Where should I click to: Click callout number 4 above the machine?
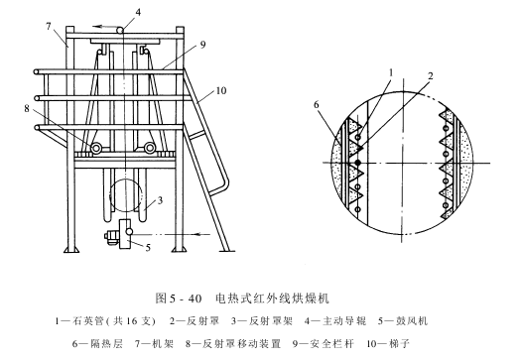click(x=138, y=12)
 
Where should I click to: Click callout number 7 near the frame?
click(x=49, y=26)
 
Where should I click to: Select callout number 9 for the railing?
click(x=203, y=45)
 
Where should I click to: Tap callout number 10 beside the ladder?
click(x=221, y=90)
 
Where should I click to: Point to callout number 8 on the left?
click(x=27, y=108)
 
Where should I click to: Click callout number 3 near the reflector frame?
click(x=160, y=200)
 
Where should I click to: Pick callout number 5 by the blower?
click(x=148, y=247)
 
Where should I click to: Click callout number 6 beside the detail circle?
click(x=317, y=105)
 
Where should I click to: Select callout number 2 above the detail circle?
click(x=431, y=76)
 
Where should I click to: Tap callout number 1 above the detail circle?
click(x=391, y=72)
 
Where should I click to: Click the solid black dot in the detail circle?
click(x=358, y=163)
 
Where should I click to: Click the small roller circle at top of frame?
click(x=120, y=30)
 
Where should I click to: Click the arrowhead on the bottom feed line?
click(x=197, y=234)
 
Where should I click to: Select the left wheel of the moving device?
click(x=95, y=148)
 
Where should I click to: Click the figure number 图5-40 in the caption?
click(x=179, y=299)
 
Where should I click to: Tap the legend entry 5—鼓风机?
click(x=403, y=321)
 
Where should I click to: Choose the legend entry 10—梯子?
click(x=388, y=343)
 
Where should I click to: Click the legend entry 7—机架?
click(x=154, y=343)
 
